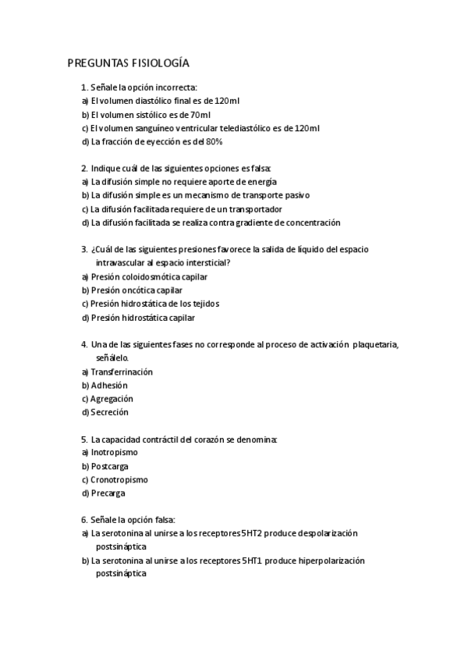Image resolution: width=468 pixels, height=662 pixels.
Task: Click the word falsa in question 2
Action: (x=257, y=169)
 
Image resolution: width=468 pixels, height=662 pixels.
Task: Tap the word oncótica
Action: (x=140, y=290)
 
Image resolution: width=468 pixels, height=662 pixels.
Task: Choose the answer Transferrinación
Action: (x=122, y=372)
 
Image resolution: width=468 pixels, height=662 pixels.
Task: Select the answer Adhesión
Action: (x=109, y=385)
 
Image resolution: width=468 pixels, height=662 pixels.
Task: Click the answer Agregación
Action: (x=112, y=399)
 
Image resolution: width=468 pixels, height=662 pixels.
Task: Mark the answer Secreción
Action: (x=109, y=412)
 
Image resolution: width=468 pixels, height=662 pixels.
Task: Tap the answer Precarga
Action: (x=108, y=493)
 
